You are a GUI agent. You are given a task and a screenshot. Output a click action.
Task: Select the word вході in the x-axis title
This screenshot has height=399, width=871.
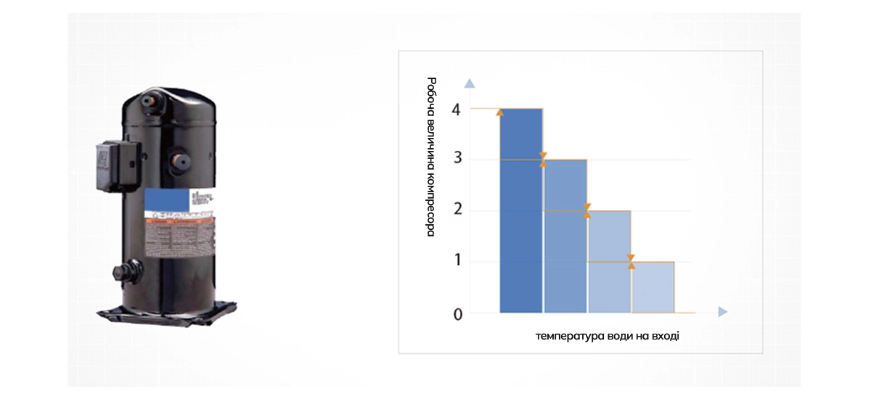point(665,336)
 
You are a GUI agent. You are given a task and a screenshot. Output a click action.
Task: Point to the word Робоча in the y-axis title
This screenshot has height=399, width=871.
point(431,96)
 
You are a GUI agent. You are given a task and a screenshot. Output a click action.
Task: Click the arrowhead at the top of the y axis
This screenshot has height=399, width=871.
point(470,83)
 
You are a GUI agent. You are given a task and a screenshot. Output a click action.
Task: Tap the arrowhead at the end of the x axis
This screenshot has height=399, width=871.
point(722,312)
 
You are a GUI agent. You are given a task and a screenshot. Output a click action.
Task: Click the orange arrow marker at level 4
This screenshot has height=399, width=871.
point(500,112)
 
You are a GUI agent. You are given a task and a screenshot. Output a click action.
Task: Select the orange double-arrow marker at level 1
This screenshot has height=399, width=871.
point(631,261)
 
